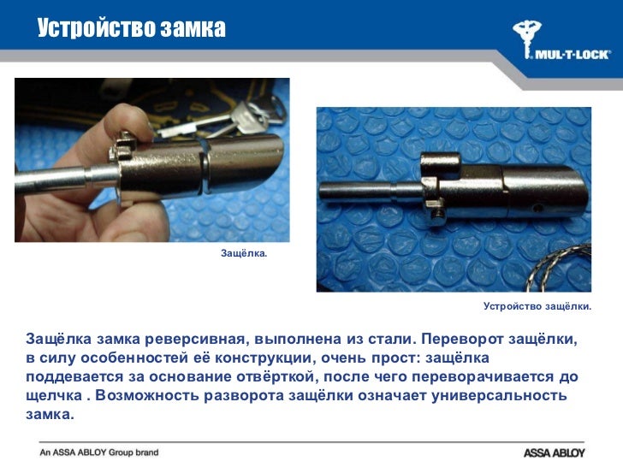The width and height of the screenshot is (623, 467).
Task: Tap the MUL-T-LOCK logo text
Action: (571, 53)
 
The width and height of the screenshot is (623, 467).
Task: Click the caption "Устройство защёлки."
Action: (537, 305)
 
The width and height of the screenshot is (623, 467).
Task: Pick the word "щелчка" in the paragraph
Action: (56, 397)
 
